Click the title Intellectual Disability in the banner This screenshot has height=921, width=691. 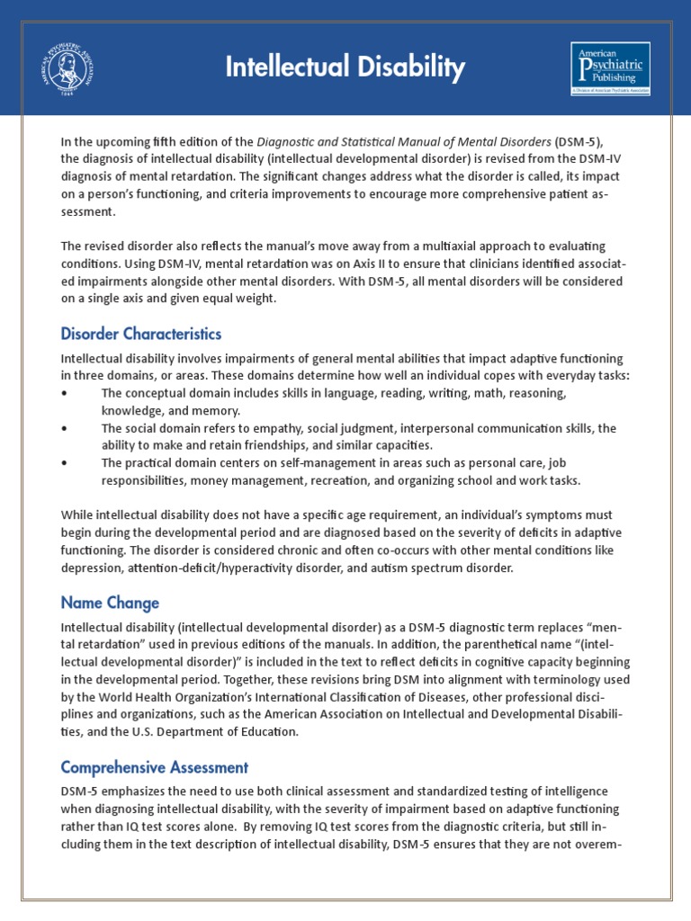345,67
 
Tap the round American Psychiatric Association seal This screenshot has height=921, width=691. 67,68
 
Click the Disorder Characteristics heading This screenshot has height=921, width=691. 140,334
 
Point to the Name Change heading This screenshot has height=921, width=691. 110,603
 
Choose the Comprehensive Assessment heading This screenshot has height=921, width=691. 154,767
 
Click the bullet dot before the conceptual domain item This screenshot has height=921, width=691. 64,394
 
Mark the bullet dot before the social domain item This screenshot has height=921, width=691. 64,429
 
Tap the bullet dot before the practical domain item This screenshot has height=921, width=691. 64,463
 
